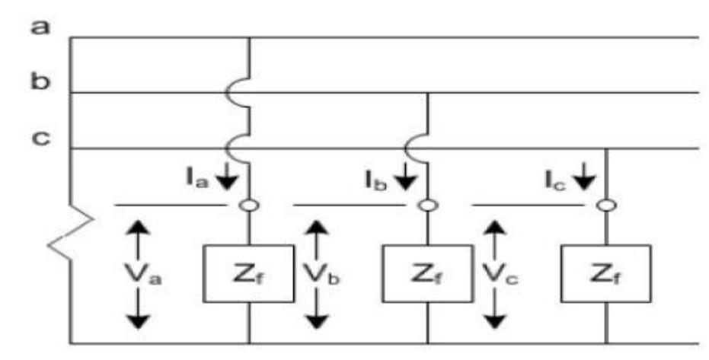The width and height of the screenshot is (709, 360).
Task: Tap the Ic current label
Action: pos(554,181)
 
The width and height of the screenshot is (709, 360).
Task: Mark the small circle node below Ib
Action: pos(428,205)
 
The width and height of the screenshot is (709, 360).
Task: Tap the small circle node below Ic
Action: pos(606,205)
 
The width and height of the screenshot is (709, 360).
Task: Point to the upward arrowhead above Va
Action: pos(137,228)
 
